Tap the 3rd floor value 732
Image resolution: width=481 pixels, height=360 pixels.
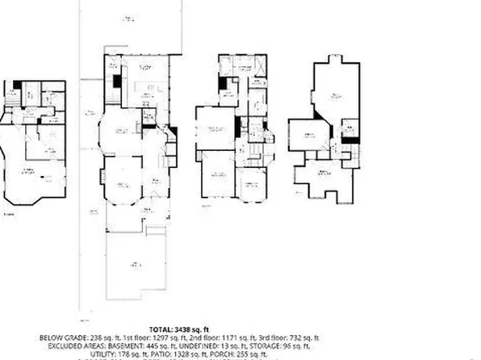[297, 337]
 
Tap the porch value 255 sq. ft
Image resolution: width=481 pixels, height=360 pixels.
[269, 353]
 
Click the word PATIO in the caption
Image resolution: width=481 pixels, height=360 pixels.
[183, 353]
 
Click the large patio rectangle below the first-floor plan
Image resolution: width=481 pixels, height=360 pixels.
[138, 262]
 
